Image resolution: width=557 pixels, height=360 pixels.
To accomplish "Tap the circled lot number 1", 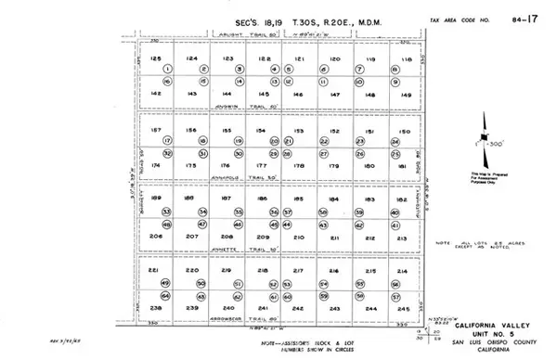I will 168,69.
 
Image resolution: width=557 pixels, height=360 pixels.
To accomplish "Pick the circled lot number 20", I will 274,141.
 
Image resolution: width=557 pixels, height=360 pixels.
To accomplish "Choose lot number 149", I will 404,94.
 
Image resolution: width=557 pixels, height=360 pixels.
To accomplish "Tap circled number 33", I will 167,212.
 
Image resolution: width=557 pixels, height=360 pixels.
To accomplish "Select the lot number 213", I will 402,238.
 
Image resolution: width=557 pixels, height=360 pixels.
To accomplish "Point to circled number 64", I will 167,296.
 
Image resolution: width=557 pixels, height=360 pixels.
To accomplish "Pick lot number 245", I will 402,307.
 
